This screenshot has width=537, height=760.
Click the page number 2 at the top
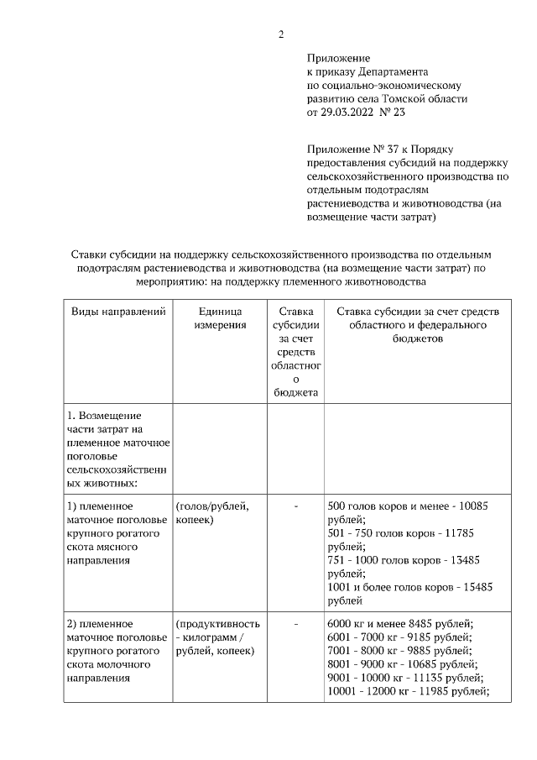(x=281, y=34)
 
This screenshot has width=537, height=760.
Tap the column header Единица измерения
(x=221, y=318)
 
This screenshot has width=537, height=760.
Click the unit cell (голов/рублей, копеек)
(x=213, y=514)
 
